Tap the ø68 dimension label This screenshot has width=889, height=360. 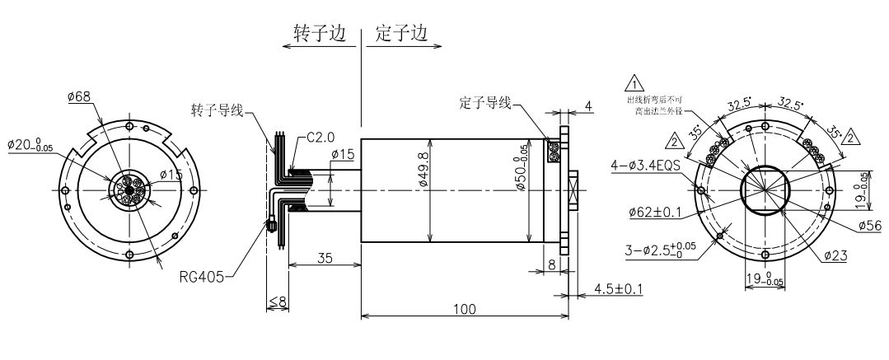[79, 97]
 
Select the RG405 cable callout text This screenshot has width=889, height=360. [202, 278]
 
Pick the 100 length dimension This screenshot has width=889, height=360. [465, 308]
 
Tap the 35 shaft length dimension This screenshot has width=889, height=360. [325, 259]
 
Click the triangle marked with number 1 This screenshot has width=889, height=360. [635, 82]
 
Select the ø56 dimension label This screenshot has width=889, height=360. [870, 225]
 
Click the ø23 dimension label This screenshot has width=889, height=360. [834, 256]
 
